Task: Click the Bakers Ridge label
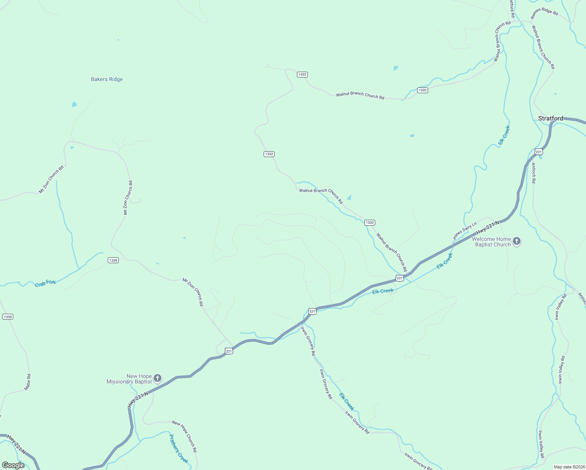pos(107,80)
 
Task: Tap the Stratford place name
pos(550,118)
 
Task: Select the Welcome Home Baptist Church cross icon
pos(517,241)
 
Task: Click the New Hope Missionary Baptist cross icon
pos(157,378)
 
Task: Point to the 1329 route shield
pos(113,260)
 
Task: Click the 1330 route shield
pos(8,316)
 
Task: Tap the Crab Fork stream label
pos(45,283)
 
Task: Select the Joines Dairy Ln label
pos(465,231)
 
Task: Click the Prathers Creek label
pos(179,448)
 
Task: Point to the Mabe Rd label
pos(28,382)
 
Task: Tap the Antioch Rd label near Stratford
pos(534,173)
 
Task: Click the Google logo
pos(13,465)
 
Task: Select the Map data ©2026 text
pos(568,467)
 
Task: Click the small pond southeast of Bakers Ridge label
pos(74,105)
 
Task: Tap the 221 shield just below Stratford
pos(539,152)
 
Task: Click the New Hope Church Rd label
pos(184,436)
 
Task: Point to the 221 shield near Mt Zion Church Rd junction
pos(229,351)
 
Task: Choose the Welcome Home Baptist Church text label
pos(492,242)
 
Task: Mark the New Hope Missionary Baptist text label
pos(129,379)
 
